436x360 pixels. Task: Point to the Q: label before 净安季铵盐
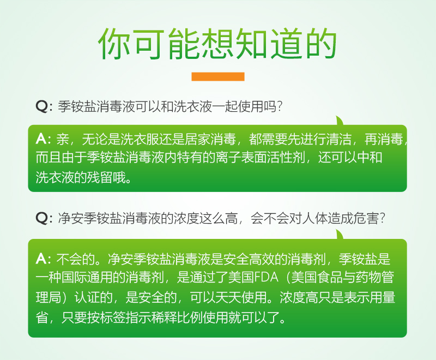pyautogui.click(x=44, y=219)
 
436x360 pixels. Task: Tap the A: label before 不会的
pyautogui.click(x=44, y=258)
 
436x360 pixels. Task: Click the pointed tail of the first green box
pyautogui.click(x=340, y=121)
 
